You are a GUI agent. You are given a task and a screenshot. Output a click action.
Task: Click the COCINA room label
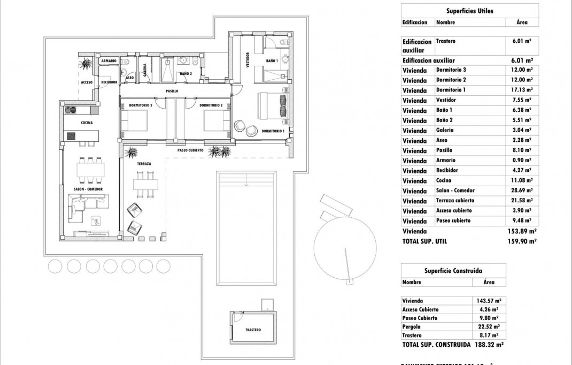click(x=87, y=123)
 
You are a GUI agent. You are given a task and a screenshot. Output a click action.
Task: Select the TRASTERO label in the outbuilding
click(x=253, y=330)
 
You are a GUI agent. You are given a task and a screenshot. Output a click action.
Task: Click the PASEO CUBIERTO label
click(x=190, y=151)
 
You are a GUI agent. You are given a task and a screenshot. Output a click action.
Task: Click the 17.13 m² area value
click(x=522, y=90)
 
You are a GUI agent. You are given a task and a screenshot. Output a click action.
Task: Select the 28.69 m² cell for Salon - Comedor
click(x=522, y=191)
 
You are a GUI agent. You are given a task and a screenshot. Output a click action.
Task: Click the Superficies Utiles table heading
click(x=469, y=11)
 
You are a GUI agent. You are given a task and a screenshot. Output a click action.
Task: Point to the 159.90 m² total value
click(x=524, y=241)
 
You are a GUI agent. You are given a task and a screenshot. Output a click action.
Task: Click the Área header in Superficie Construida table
click(x=489, y=282)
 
